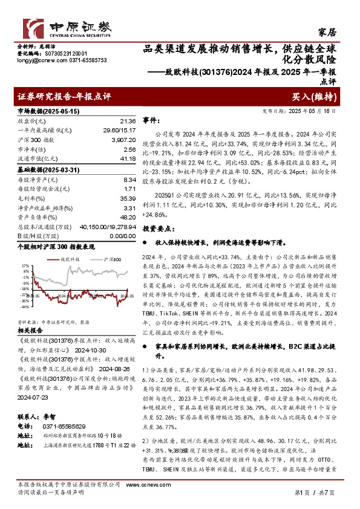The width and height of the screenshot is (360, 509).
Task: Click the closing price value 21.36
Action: [128, 122]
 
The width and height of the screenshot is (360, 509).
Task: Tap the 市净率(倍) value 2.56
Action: [128, 149]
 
